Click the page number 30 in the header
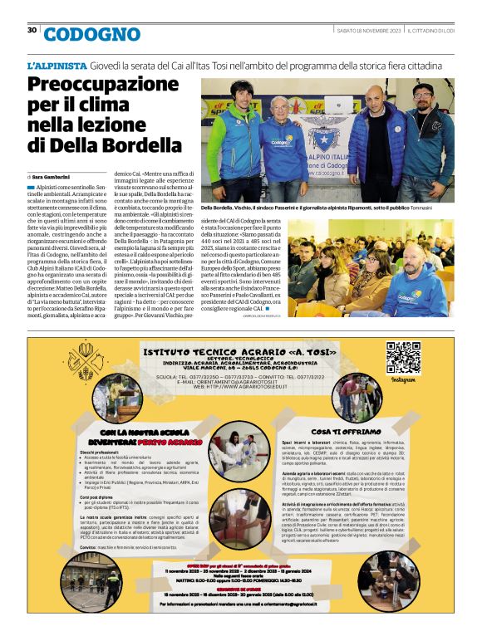point(32,31)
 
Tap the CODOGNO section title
point(92,34)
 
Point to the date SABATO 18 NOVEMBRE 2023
point(369,31)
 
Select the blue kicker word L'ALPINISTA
point(57,64)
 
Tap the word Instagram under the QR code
point(403,380)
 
